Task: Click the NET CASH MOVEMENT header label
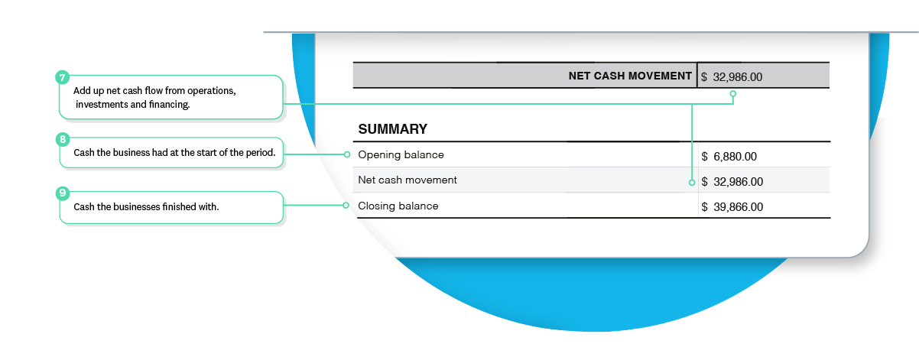coord(630,76)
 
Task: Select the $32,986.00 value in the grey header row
coord(732,76)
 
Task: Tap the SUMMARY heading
coord(392,129)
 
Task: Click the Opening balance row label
coord(401,154)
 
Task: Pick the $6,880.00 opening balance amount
coord(729,157)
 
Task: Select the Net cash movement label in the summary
coord(408,180)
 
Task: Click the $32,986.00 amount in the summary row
coord(732,182)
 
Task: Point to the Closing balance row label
coord(398,206)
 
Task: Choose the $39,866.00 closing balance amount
coord(732,207)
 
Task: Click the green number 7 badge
coord(62,77)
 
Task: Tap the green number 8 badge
coord(62,139)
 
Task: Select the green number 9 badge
coord(62,193)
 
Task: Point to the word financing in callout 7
coord(169,105)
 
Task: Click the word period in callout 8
coord(258,153)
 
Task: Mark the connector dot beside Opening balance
coord(347,154)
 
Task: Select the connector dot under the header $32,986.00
coord(732,94)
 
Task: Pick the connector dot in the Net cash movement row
coord(692,183)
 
